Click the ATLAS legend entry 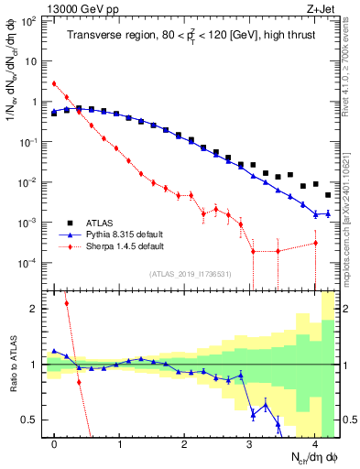[x=99, y=223]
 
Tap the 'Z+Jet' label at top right [x=325, y=7]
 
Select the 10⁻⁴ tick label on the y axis [x=30, y=263]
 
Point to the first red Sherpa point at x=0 [x=55, y=83]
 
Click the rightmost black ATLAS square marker [x=328, y=194]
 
